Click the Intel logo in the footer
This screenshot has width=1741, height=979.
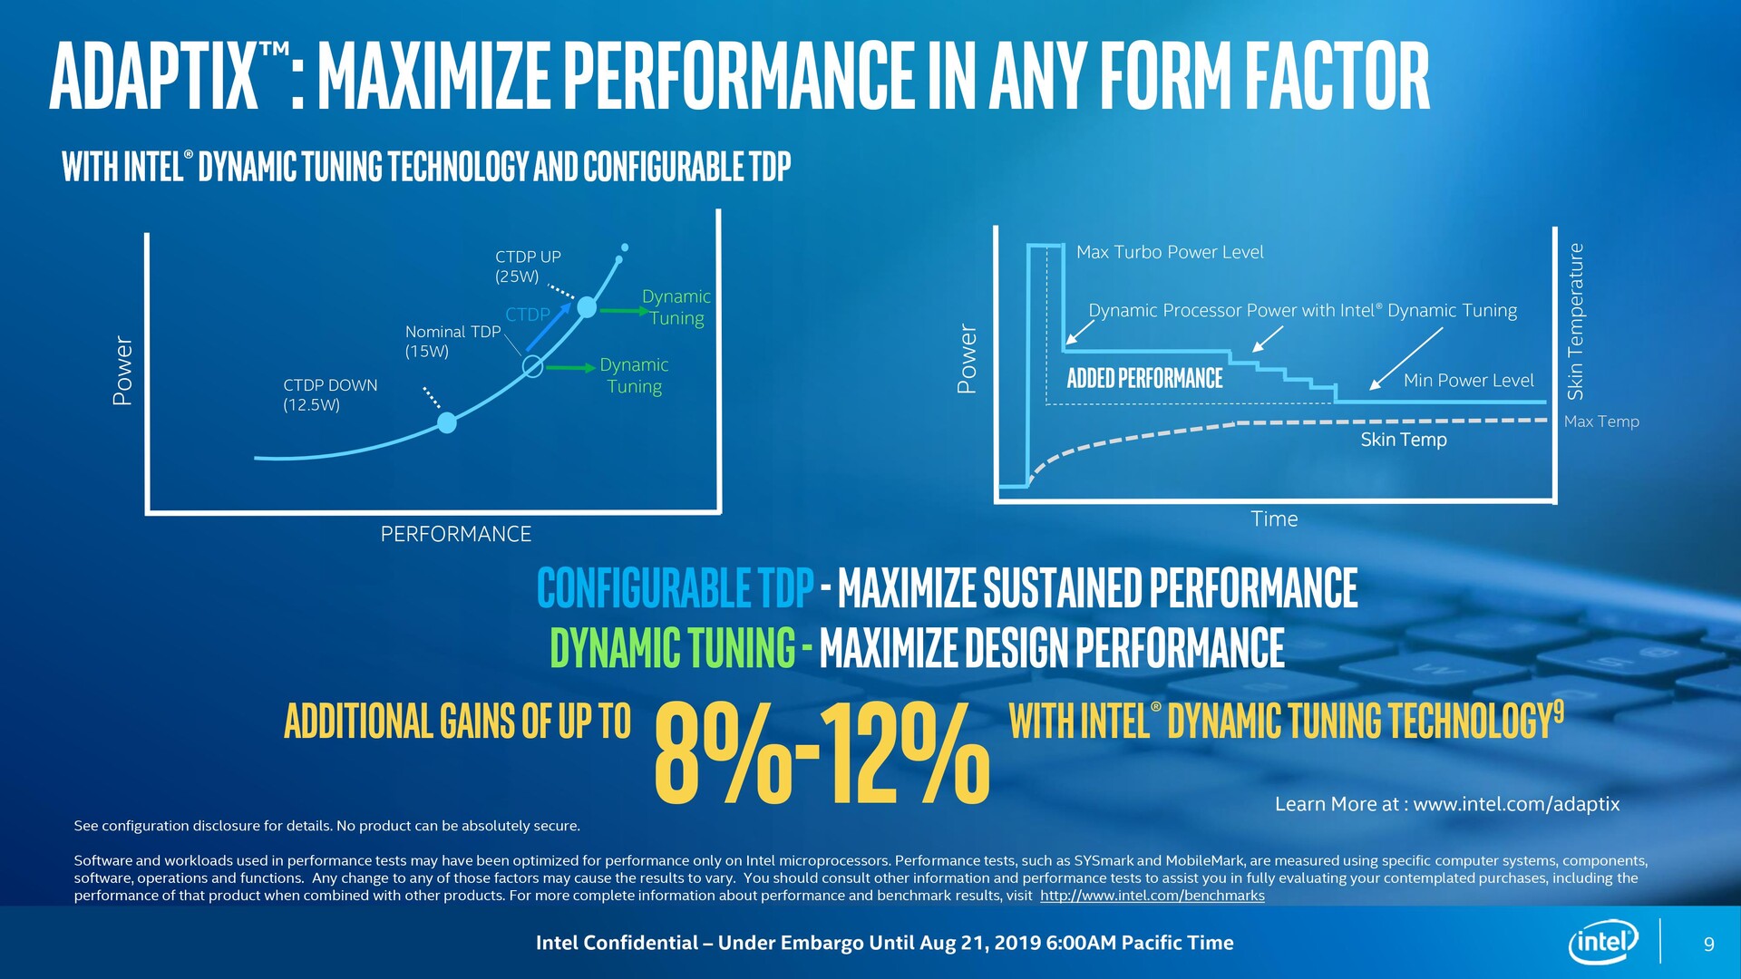coord(1603,943)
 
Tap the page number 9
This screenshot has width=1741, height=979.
coord(1709,945)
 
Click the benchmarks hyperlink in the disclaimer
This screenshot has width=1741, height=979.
coord(1152,896)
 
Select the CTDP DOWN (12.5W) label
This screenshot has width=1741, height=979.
coord(330,395)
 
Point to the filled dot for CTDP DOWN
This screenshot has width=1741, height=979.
coord(447,422)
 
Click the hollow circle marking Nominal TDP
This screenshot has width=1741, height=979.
coord(533,366)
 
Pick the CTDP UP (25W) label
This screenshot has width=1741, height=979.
coord(528,267)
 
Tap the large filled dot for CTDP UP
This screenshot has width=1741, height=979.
coord(587,307)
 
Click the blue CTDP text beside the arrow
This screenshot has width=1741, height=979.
coord(528,315)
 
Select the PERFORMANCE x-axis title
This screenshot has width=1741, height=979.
coord(455,534)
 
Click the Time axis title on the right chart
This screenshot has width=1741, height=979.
coord(1274,519)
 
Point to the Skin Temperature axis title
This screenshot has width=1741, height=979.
coord(1576,322)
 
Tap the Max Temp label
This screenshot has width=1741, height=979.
coord(1601,422)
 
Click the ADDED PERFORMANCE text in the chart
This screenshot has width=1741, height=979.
coord(1144,378)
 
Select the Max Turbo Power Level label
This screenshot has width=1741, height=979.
coord(1170,252)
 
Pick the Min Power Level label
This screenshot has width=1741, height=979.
coord(1468,381)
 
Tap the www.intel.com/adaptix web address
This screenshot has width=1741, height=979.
coord(1516,804)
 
